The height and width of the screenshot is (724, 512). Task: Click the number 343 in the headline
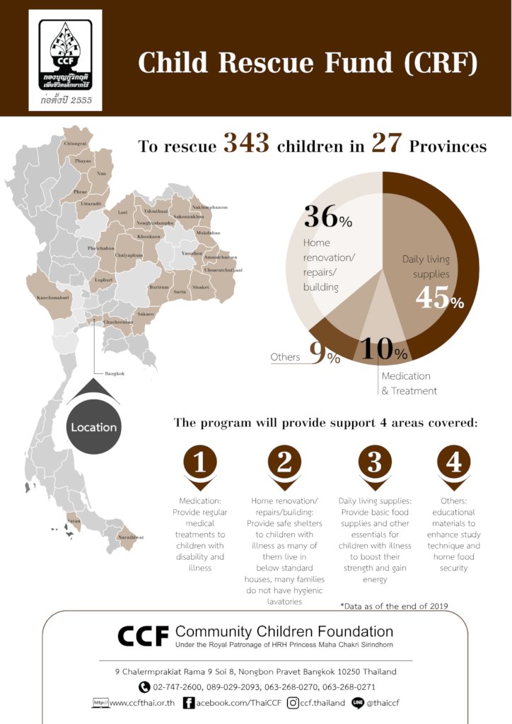(x=247, y=144)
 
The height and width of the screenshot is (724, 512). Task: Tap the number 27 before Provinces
(x=387, y=144)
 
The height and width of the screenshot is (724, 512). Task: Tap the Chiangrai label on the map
(x=75, y=144)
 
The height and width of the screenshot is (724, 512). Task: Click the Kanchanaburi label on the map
(x=53, y=298)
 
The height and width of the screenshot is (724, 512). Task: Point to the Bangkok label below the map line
(x=115, y=373)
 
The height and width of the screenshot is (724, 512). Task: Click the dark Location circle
(x=93, y=427)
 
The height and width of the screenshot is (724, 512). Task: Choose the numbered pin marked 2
(x=284, y=464)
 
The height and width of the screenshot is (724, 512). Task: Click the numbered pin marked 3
(x=374, y=464)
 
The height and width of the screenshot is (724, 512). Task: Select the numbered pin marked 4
(x=453, y=464)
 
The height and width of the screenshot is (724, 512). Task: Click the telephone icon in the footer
(x=144, y=687)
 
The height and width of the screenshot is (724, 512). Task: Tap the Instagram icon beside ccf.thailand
(x=291, y=703)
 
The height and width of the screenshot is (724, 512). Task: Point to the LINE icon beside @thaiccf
(x=358, y=703)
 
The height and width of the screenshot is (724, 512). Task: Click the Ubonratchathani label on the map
(x=223, y=270)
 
